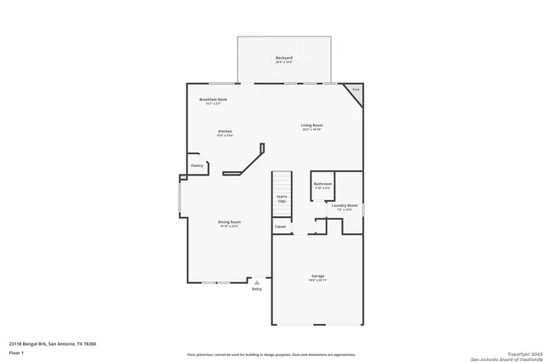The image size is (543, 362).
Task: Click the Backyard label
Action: coord(283,58)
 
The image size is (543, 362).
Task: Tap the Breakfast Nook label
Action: coord(213,99)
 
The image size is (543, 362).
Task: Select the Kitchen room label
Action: coord(225,131)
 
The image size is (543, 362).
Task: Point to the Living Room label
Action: coord(312,125)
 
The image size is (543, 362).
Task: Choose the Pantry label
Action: coord(197,165)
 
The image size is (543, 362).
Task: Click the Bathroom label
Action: coord(322,183)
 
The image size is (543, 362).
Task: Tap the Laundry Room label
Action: coord(344,205)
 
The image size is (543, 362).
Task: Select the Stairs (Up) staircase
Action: coord(282,198)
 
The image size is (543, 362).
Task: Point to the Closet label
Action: coord(280,226)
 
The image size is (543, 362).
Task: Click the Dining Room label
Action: coord(230,222)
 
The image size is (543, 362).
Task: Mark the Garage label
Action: coord(318,276)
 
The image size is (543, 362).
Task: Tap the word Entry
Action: coord(256,289)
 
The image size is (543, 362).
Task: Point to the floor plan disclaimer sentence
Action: coord(271,353)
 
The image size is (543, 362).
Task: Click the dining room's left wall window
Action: coord(179,202)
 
